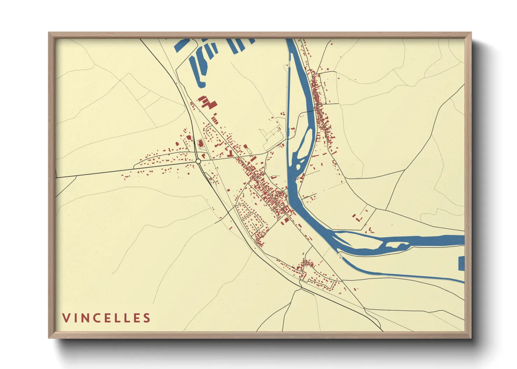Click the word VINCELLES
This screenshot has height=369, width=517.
(106, 318)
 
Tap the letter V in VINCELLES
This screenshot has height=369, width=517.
(65, 318)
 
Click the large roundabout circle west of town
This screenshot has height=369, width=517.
(198, 161)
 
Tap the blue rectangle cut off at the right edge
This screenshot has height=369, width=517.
(461, 263)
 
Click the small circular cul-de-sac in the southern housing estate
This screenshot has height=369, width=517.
(309, 280)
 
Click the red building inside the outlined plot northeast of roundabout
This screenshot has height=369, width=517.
(200, 143)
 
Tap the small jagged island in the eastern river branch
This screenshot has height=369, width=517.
(395, 245)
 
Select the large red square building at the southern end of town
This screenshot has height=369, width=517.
(285, 220)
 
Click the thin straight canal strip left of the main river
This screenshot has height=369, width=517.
(289, 87)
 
